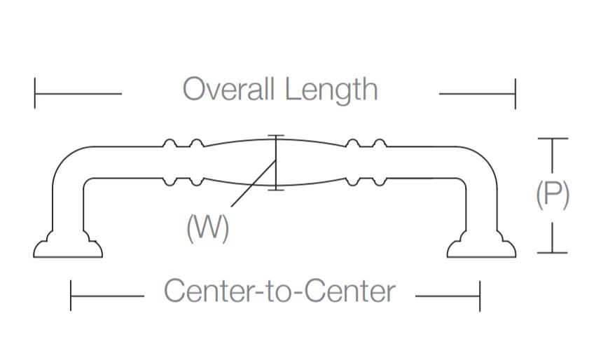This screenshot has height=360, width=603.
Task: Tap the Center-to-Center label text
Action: click(x=279, y=291)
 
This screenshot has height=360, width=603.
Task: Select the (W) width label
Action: click(x=208, y=228)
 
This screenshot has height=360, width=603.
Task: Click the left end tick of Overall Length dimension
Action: click(x=35, y=94)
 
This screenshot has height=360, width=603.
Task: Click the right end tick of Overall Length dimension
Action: click(x=515, y=94)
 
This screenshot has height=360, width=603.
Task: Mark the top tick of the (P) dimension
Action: click(x=553, y=139)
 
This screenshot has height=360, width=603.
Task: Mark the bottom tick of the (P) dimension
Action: click(x=553, y=252)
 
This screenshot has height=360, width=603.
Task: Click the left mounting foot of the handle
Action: click(x=68, y=246)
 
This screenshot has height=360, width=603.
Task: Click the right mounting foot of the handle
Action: click(x=482, y=246)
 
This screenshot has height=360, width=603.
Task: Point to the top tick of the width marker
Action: click(x=277, y=136)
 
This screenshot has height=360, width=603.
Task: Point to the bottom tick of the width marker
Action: click(x=277, y=189)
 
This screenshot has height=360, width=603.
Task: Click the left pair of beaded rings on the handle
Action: click(x=183, y=162)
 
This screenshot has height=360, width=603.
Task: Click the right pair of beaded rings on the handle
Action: click(x=366, y=162)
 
